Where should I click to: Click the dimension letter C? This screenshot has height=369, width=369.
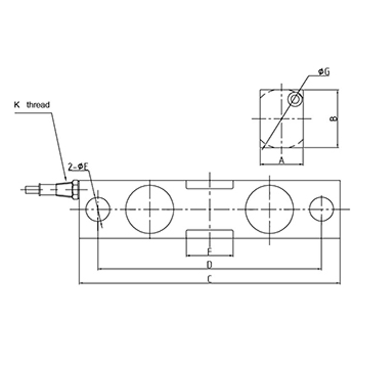click(209, 279)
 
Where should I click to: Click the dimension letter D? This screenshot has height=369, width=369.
click(209, 265)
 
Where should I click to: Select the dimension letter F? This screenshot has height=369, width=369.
click(209, 252)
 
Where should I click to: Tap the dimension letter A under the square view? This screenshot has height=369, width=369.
click(282, 161)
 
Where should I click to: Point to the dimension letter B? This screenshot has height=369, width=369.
click(334, 118)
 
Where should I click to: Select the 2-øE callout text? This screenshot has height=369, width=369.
click(78, 167)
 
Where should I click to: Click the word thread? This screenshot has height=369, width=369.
click(38, 105)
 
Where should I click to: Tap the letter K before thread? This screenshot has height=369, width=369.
click(17, 105)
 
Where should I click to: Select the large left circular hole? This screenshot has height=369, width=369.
click(149, 209)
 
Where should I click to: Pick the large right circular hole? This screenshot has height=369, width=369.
click(269, 209)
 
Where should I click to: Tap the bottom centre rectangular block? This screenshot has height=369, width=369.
click(210, 242)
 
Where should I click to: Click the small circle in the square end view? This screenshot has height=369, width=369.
click(294, 99)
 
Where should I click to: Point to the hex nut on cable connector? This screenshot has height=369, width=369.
click(75, 189)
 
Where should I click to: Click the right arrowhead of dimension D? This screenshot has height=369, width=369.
click(320, 269)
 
